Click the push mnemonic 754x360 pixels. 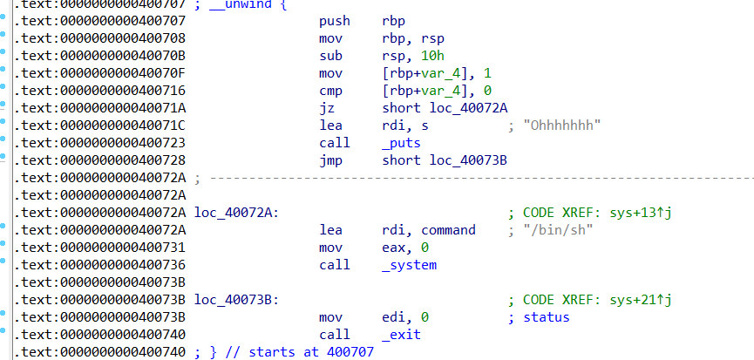tap(335, 20)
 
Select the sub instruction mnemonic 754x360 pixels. tap(330, 55)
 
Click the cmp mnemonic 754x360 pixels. tap(330, 90)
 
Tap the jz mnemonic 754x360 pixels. tap(327, 107)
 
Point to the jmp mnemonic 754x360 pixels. tap(330, 160)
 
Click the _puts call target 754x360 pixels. tap(401, 142)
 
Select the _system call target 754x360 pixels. tap(409, 264)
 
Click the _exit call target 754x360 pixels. tap(401, 334)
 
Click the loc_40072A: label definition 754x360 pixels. tap(236, 212)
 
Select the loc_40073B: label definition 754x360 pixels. tap(236, 299)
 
